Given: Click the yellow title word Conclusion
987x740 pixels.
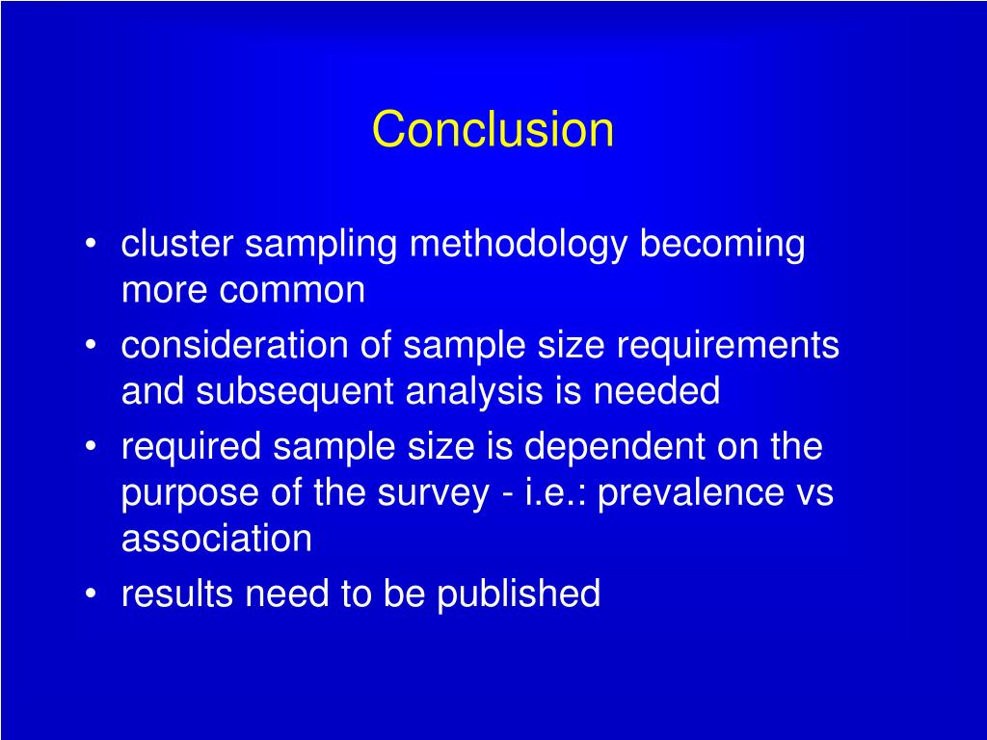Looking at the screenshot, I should (x=493, y=129).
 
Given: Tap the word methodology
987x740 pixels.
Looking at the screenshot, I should (x=520, y=247).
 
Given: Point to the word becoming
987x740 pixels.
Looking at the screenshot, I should (x=722, y=247).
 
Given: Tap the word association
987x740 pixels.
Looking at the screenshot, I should (x=216, y=539).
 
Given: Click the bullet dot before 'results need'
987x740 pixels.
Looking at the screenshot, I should (x=90, y=595).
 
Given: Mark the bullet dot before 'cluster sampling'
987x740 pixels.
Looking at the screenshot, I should (x=90, y=246).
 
